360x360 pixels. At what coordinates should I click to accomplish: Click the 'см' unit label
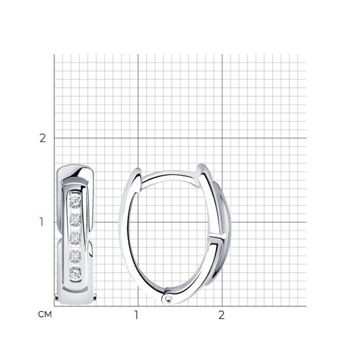click(45, 315)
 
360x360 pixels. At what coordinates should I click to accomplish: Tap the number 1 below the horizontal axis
click(136, 315)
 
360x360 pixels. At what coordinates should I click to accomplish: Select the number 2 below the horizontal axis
click(221, 315)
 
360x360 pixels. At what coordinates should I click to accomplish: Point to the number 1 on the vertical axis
click(42, 222)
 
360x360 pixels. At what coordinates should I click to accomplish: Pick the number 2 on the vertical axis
click(42, 138)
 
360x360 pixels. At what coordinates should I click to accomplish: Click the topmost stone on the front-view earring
click(75, 202)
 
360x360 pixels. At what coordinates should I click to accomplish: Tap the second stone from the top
click(75, 220)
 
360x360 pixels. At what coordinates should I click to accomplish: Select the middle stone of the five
click(75, 238)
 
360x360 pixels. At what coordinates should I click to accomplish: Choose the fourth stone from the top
click(75, 256)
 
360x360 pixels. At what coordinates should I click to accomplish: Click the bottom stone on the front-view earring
click(75, 274)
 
